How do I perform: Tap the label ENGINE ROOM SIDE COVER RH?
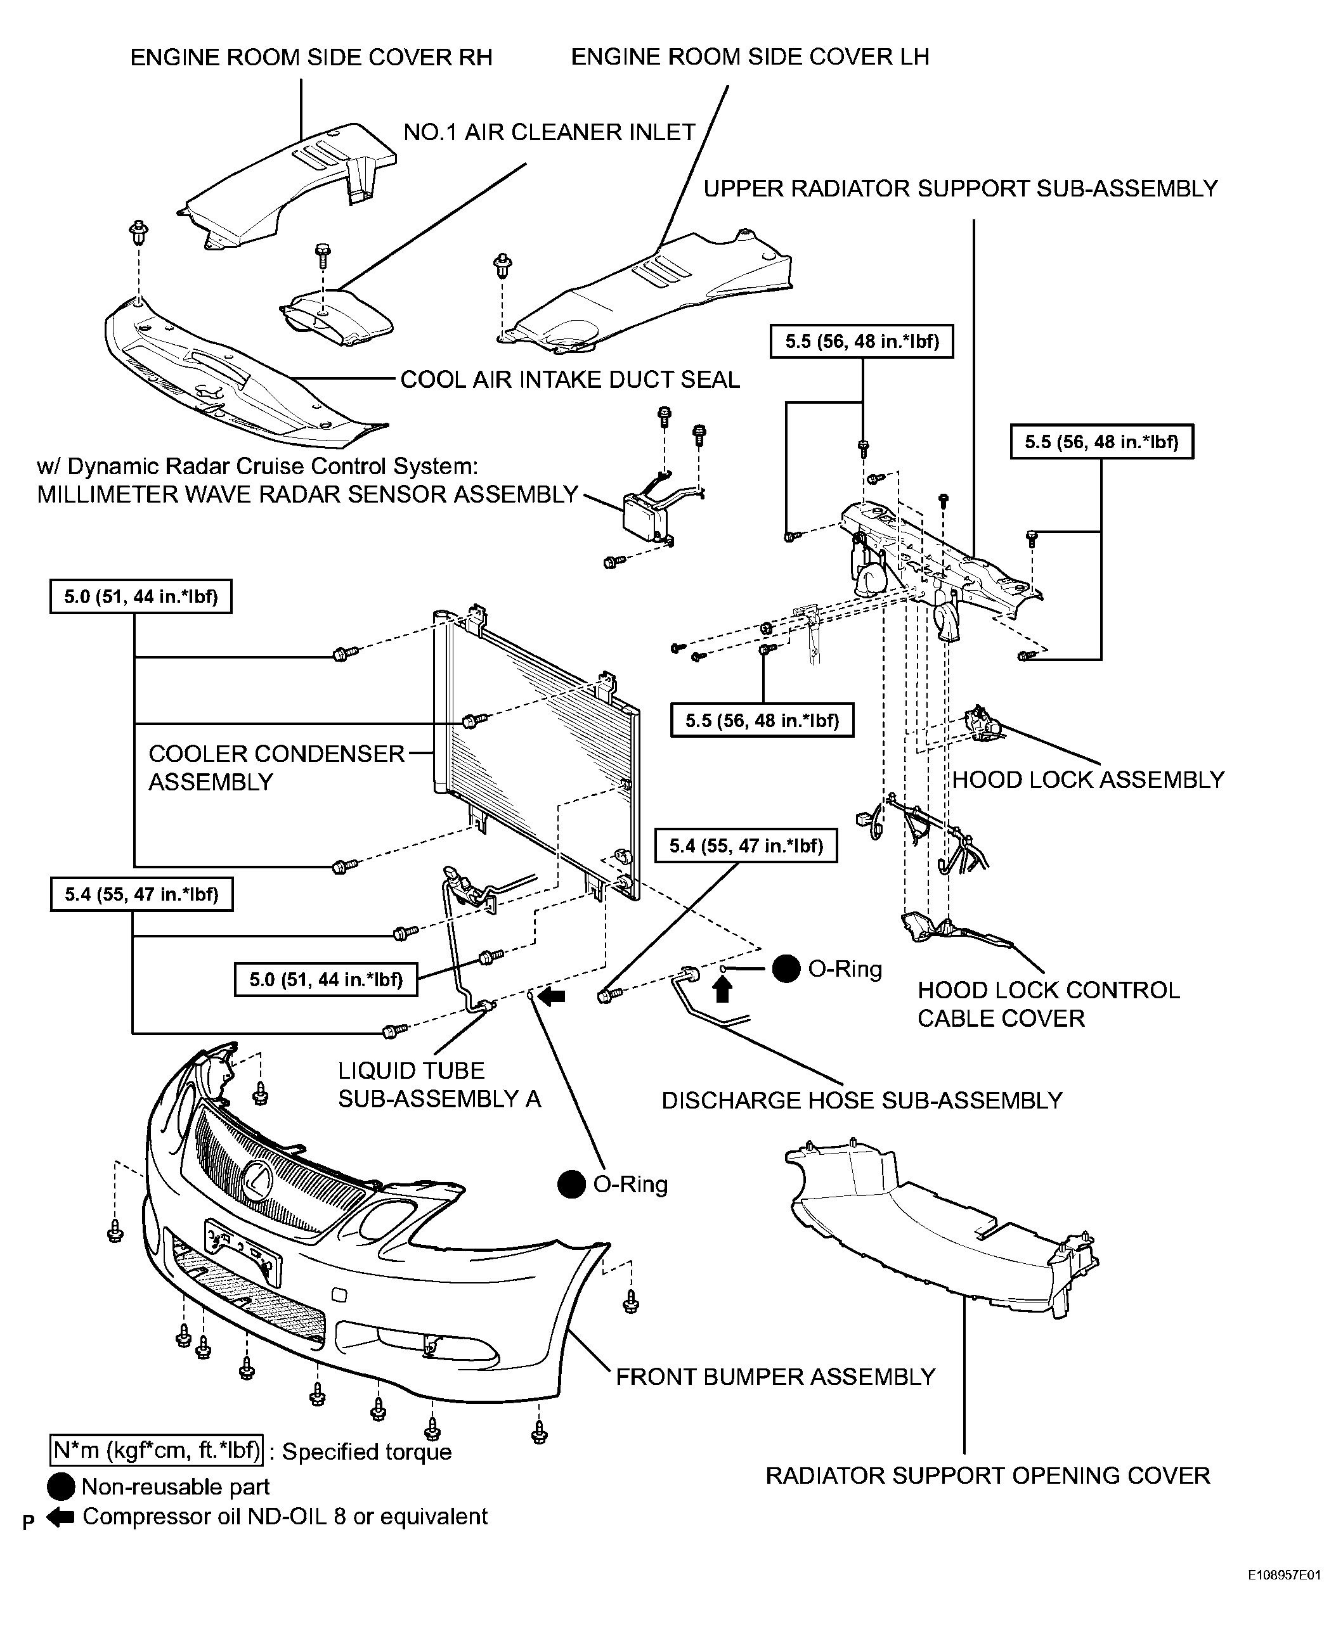tap(311, 58)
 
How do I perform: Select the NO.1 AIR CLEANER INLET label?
tap(549, 132)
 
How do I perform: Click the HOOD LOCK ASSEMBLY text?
tap(1087, 780)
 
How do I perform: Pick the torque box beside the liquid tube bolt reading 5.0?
tap(326, 980)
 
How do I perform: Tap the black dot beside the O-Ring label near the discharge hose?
tap(786, 969)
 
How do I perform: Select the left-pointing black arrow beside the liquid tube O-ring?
tap(551, 997)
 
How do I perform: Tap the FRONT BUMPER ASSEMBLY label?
tap(775, 1377)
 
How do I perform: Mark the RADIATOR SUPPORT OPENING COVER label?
tap(988, 1476)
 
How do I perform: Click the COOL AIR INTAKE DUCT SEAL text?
tap(570, 380)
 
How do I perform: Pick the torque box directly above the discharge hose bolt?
tap(746, 846)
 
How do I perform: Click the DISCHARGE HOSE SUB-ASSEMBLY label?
tap(862, 1100)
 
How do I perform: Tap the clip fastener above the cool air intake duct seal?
tap(139, 232)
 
